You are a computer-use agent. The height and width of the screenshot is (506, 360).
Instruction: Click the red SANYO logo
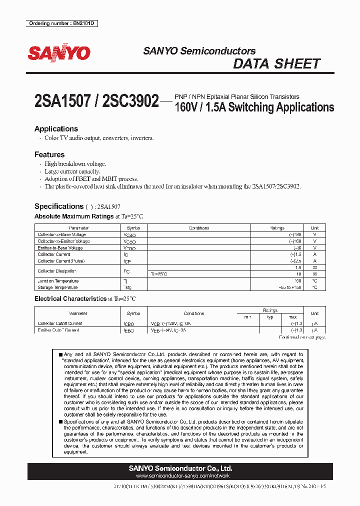click(59, 53)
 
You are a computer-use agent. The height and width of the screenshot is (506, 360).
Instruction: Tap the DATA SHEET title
click(276, 64)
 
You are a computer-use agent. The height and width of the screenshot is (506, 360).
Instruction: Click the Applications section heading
click(56, 128)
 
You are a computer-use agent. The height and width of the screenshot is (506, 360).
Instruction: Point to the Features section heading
click(49, 154)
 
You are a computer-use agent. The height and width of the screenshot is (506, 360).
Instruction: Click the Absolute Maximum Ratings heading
click(74, 216)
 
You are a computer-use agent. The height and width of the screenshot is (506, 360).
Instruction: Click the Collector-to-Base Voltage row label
click(62, 234)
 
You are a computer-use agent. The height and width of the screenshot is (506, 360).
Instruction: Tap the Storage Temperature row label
click(57, 287)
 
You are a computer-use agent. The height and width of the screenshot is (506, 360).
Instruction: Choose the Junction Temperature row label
click(58, 281)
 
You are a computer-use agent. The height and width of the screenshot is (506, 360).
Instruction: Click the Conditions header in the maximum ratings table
click(199, 228)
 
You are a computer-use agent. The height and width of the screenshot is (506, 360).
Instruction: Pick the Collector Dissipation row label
click(57, 271)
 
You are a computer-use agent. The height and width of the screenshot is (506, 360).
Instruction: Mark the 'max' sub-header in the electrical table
click(292, 317)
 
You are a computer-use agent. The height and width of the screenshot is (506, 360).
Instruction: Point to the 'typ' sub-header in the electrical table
click(270, 317)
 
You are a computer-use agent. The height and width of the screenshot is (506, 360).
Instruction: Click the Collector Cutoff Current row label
click(60, 323)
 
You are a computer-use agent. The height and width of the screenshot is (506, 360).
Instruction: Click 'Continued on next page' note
click(301, 337)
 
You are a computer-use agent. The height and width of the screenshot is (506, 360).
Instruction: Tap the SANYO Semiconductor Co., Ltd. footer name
click(180, 468)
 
